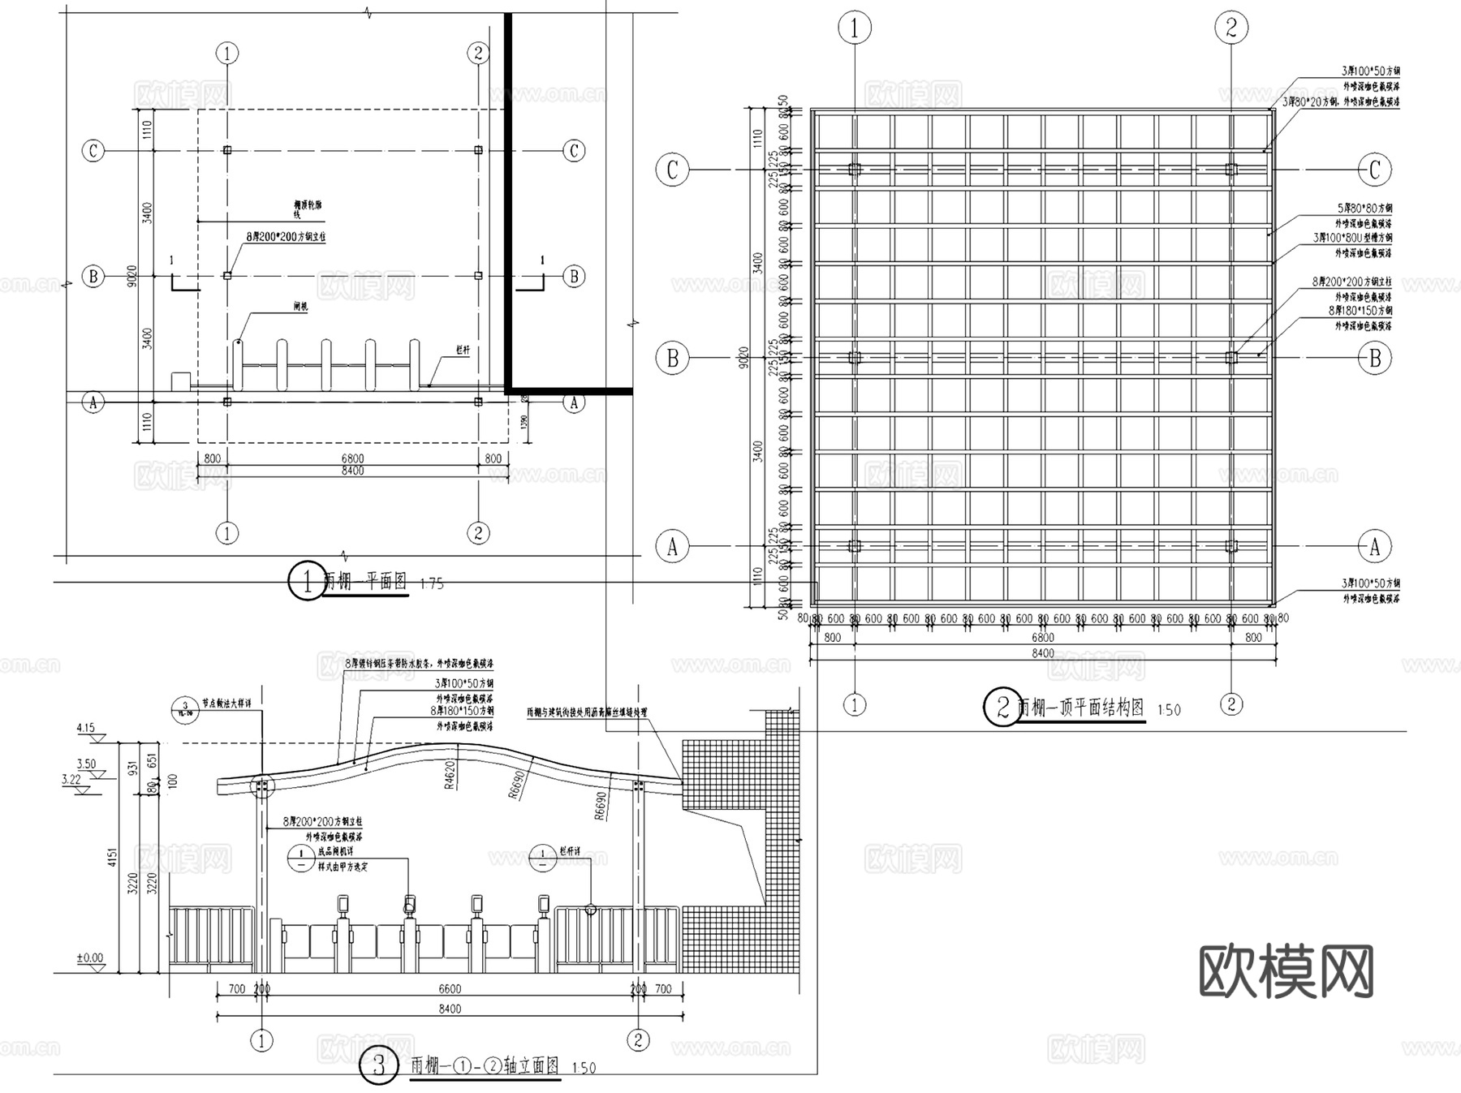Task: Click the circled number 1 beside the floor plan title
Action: (308, 581)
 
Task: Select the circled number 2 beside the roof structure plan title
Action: (1002, 707)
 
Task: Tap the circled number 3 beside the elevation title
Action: (379, 1065)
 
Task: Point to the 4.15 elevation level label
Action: (86, 728)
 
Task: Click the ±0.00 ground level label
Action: (90, 958)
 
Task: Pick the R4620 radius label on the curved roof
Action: (450, 773)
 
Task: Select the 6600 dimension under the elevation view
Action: (450, 989)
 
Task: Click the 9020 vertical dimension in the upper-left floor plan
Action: (132, 276)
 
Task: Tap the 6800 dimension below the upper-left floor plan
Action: (352, 458)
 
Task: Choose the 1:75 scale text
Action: (433, 584)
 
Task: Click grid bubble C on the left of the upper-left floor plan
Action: (94, 151)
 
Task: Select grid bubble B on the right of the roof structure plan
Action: (1375, 358)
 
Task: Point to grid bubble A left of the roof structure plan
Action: (672, 547)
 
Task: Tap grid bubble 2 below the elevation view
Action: (638, 1040)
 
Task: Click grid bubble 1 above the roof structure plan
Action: (854, 28)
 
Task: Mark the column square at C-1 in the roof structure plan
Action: (855, 170)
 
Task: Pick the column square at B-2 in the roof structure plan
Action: (1231, 357)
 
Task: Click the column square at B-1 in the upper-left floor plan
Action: (227, 276)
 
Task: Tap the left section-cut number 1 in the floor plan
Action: (171, 261)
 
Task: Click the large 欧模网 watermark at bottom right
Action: (1286, 971)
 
